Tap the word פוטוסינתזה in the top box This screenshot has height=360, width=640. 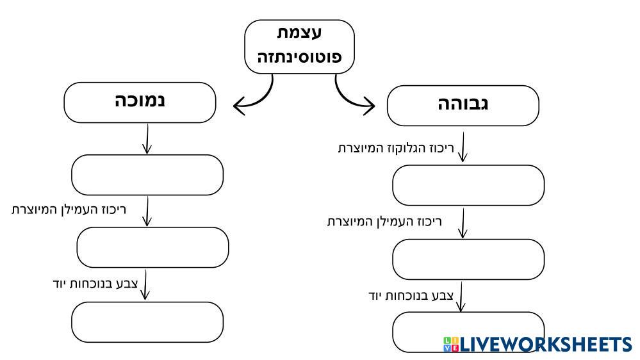pyautogui.click(x=300, y=56)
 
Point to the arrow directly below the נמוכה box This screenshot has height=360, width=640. pyautogui.click(x=147, y=138)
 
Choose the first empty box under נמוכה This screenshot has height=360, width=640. pyautogui.click(x=147, y=174)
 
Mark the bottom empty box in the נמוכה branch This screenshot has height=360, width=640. pyautogui.click(x=147, y=322)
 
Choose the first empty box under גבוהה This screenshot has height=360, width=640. pyautogui.click(x=468, y=184)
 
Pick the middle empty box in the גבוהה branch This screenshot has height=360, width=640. pyautogui.click(x=468, y=259)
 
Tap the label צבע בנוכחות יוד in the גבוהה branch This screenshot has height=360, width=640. pyautogui.click(x=411, y=296)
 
